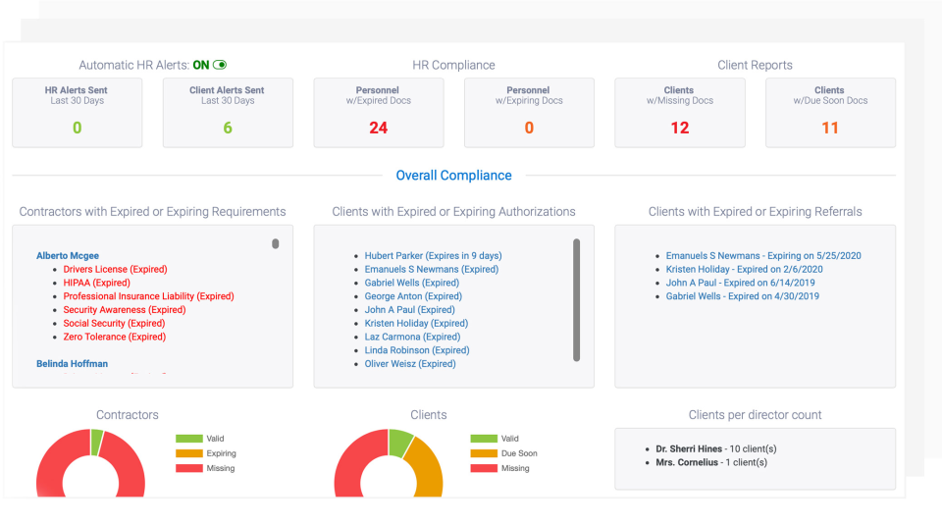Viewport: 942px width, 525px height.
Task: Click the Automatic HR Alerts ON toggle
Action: pos(220,65)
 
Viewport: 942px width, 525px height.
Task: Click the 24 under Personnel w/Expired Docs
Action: pos(379,128)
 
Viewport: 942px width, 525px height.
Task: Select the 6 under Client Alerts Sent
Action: pos(228,128)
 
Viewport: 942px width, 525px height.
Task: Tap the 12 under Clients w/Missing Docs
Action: pos(679,128)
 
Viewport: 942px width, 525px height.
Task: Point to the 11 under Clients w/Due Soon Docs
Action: pos(830,128)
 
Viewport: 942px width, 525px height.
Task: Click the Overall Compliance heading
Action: pos(453,176)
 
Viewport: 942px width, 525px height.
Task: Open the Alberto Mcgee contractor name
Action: pos(68,255)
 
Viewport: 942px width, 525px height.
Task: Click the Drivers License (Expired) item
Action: pos(115,269)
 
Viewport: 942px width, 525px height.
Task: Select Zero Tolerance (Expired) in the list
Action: pos(115,337)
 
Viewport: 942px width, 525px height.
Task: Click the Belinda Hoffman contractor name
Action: pos(72,363)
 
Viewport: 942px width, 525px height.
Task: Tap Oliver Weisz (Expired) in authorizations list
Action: pos(410,363)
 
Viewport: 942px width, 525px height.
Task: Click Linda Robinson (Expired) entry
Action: pos(416,349)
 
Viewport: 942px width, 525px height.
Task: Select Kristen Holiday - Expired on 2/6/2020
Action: pos(744,269)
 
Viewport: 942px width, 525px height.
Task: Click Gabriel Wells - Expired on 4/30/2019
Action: pos(742,295)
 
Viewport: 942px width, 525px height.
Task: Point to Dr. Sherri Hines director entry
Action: pos(711,449)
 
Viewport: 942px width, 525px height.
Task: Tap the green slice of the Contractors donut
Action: pos(96,443)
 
